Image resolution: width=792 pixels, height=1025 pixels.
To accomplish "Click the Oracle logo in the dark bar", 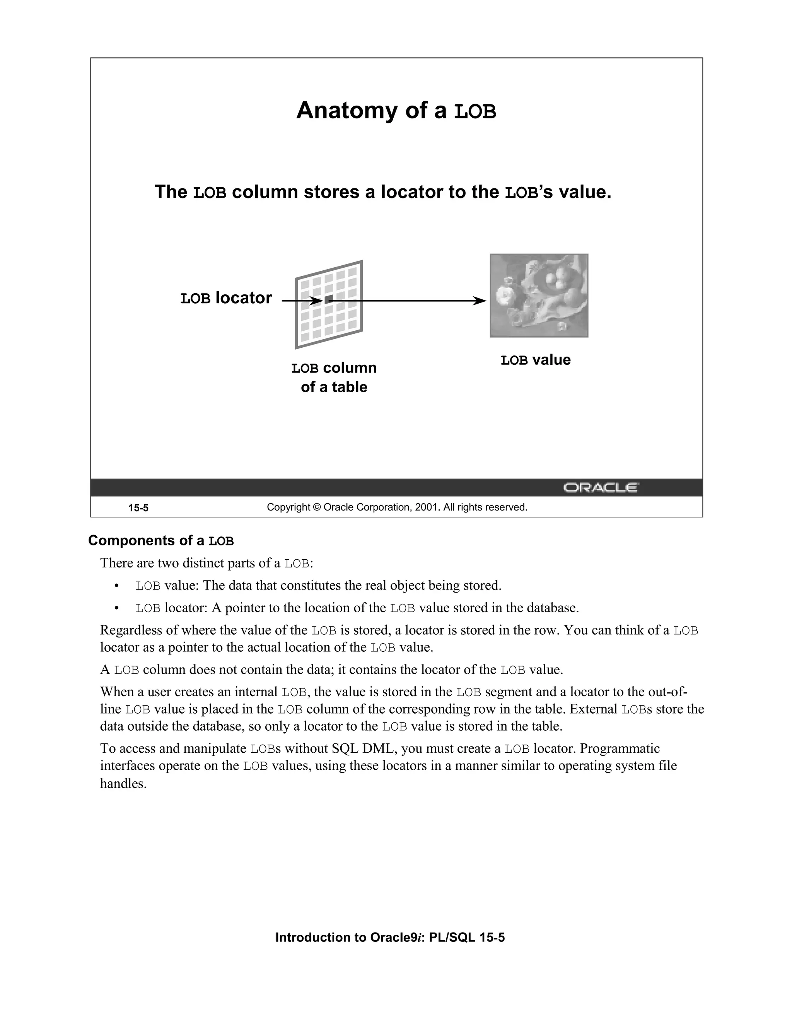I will point(601,488).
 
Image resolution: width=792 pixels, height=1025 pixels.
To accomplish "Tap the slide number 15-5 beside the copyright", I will point(138,508).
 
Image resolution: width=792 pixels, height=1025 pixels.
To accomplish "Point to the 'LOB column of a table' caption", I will point(334,378).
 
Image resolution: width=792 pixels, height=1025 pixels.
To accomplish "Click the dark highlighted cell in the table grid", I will point(328,299).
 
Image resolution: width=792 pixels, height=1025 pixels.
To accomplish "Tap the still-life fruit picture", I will point(539,295).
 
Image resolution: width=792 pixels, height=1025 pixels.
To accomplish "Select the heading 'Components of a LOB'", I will point(161,541).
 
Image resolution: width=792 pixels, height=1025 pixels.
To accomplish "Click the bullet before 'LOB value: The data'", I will point(116,586).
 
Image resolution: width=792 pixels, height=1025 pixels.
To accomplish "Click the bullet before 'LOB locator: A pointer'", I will point(116,609).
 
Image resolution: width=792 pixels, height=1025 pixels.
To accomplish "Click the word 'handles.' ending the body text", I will point(123,784).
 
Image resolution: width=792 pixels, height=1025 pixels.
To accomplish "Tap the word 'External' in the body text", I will point(593,709).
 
